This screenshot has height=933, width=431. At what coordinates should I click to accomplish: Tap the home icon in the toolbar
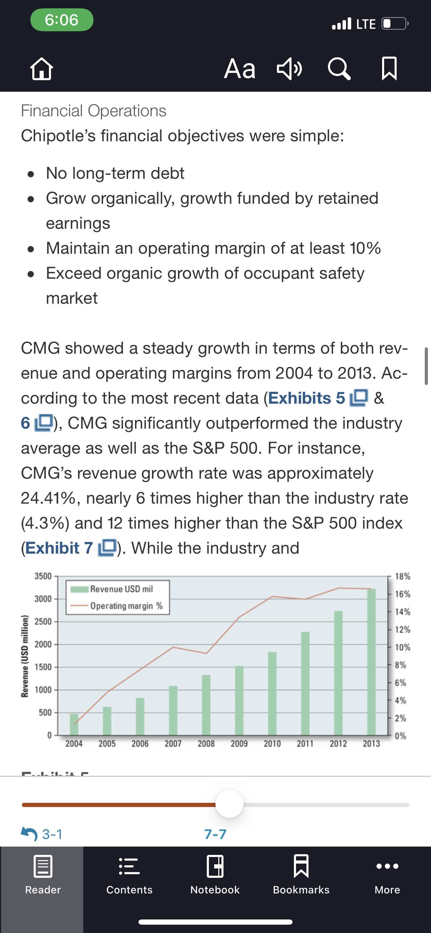(x=42, y=68)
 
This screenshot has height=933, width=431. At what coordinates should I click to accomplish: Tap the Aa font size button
(x=240, y=68)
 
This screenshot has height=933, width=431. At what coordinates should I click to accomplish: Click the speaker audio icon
(x=289, y=68)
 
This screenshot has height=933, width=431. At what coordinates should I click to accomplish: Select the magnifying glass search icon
(x=339, y=68)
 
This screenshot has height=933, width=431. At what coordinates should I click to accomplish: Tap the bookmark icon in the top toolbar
(x=389, y=68)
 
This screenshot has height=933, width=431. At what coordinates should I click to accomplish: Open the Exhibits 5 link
(x=318, y=398)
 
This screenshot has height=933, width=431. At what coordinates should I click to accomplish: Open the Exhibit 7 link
(x=71, y=548)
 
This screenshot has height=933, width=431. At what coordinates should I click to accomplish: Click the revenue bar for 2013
(x=371, y=662)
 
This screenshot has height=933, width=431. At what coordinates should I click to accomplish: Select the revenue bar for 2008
(x=206, y=705)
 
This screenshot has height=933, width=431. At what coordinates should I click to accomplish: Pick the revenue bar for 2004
(x=74, y=724)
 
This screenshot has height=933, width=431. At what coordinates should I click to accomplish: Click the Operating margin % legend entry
(x=116, y=606)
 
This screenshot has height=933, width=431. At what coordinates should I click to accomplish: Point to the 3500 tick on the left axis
(x=43, y=576)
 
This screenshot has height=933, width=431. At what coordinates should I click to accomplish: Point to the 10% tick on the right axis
(x=403, y=647)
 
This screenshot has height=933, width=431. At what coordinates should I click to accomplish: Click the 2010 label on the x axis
(x=272, y=743)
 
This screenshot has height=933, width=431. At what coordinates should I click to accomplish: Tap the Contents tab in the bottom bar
(x=129, y=874)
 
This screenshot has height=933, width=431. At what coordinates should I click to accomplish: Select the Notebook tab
(x=215, y=874)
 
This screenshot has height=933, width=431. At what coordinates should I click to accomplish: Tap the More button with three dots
(x=387, y=874)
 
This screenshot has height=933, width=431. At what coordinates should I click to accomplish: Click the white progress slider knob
(x=230, y=804)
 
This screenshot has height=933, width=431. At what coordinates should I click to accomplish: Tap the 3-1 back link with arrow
(x=42, y=834)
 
